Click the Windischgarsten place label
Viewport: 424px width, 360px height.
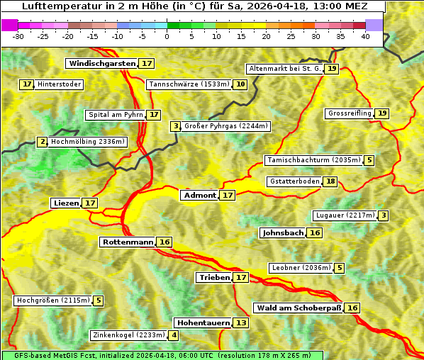point(101,63)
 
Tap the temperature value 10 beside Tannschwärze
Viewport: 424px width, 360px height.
point(241,84)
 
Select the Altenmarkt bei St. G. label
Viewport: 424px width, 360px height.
point(285,69)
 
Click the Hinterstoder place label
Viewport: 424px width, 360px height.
point(60,84)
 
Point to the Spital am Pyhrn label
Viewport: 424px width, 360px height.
point(115,115)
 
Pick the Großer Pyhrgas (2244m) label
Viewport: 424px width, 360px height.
point(226,126)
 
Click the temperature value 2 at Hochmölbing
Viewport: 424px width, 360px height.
point(43,142)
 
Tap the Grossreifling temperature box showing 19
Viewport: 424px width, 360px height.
point(382,113)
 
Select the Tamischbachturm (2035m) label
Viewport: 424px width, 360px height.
point(313,160)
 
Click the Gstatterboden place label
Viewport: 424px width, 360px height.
point(294,181)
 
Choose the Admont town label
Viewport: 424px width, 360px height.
point(199,195)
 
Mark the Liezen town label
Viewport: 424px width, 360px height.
point(66,203)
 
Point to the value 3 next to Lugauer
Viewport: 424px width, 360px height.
point(383,215)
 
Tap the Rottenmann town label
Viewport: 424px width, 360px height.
point(128,242)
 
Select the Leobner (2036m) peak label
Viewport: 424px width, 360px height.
point(301,268)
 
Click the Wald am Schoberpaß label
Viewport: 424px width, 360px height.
point(298,308)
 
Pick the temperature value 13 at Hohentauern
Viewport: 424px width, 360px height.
point(241,322)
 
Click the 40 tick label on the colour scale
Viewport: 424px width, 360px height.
point(365,36)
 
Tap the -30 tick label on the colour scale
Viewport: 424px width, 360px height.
point(18,36)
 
